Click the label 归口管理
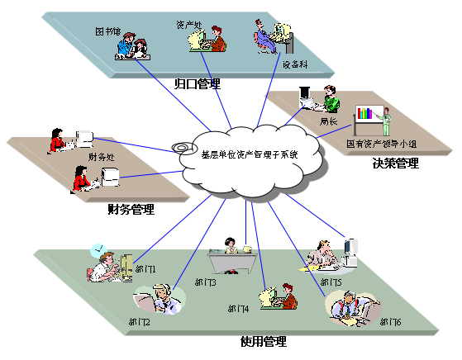click(198, 83)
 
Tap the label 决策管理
click(395, 163)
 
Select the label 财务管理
click(131, 210)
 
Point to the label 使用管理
click(264, 341)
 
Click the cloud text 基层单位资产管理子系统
click(250, 154)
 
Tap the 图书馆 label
click(107, 31)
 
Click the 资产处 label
click(188, 26)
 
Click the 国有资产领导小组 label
click(382, 143)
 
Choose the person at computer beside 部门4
click(280, 296)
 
